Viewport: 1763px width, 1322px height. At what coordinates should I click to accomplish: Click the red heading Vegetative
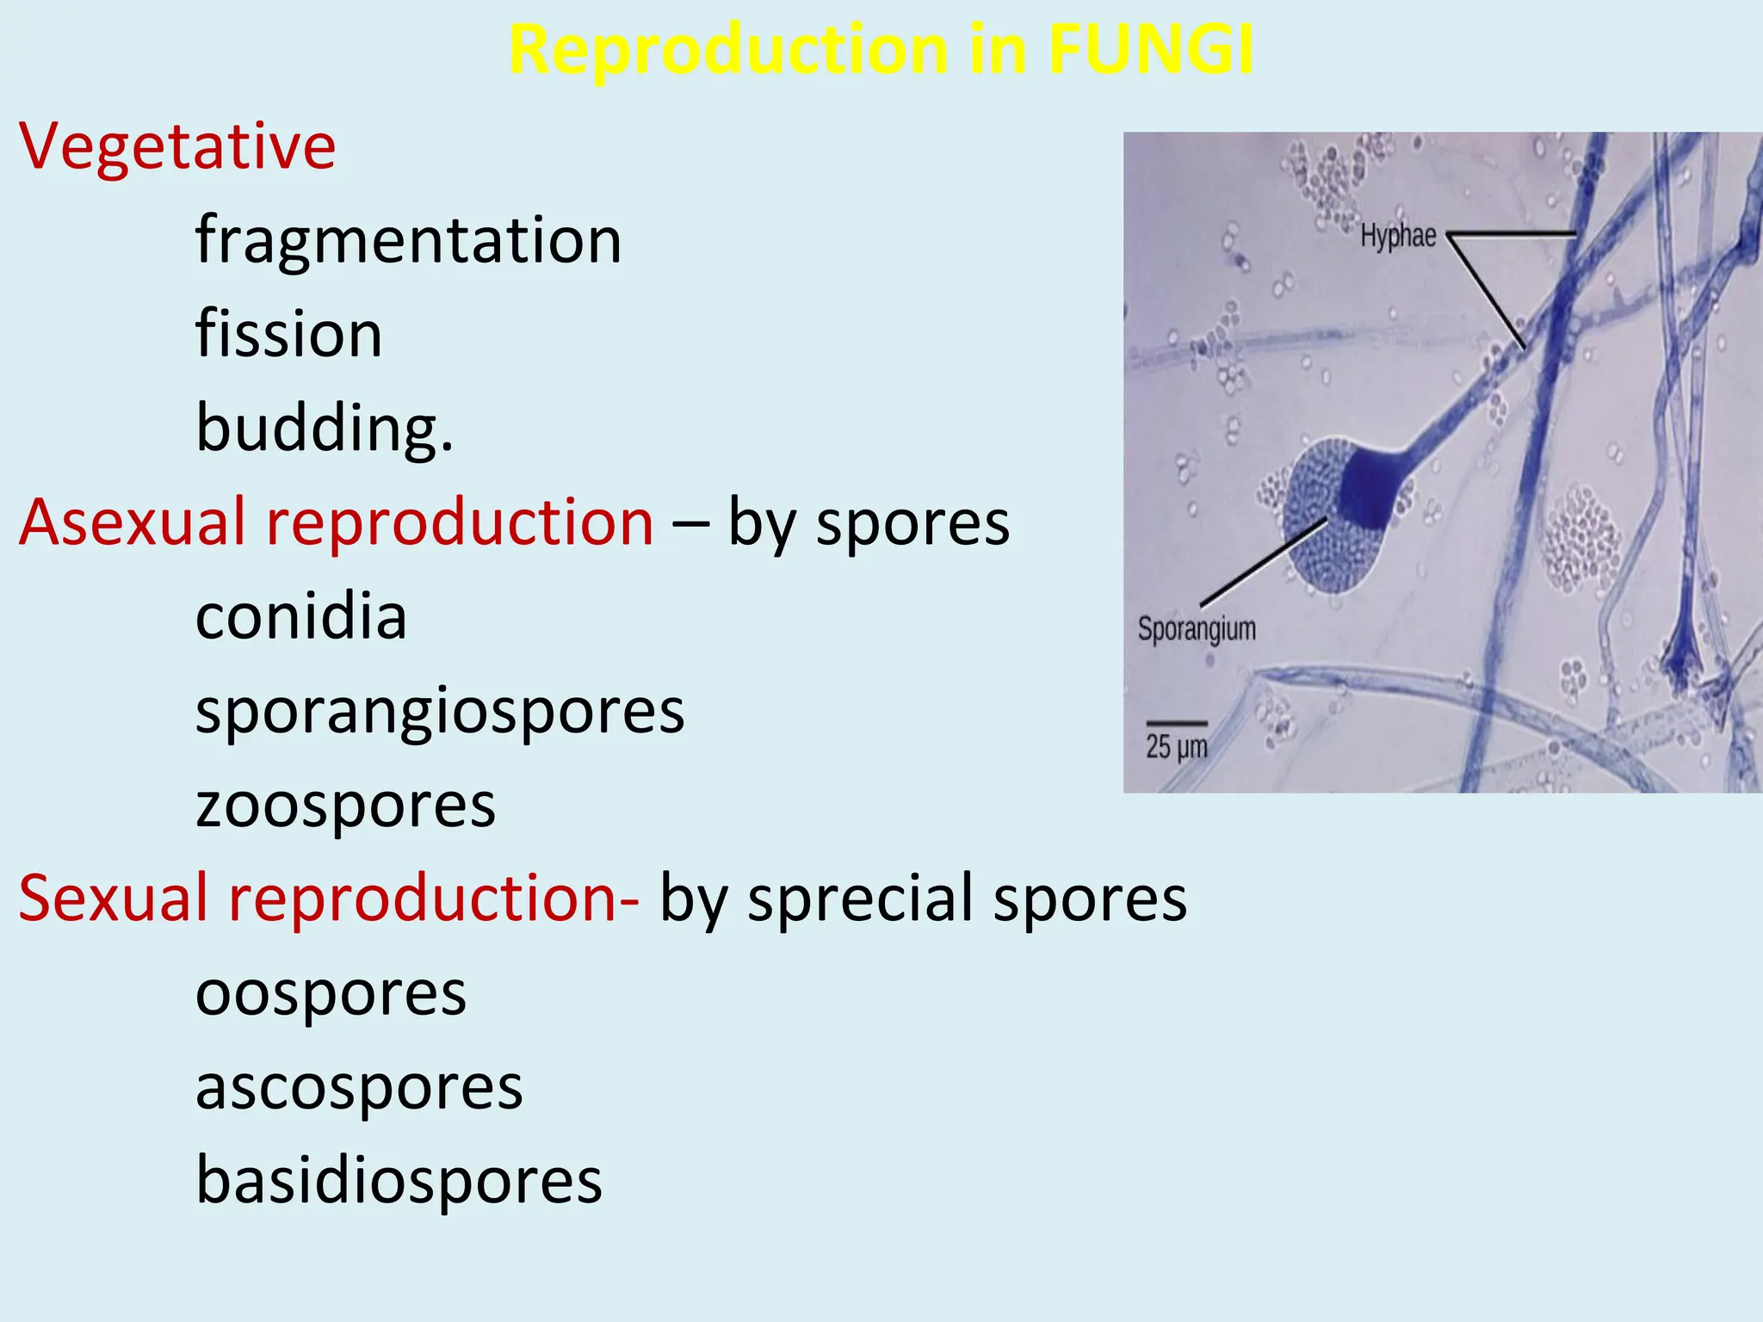pyautogui.click(x=177, y=146)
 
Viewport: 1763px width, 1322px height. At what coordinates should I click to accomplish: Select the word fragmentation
pyautogui.click(x=408, y=240)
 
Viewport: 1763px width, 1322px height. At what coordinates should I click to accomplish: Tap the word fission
pyautogui.click(x=288, y=334)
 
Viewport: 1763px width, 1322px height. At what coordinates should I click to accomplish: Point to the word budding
pyautogui.click(x=323, y=428)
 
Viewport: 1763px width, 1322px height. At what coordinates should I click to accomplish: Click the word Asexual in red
pyautogui.click(x=132, y=522)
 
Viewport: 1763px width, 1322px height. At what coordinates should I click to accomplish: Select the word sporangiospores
pyautogui.click(x=439, y=712)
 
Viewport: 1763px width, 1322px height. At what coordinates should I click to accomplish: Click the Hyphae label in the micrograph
pyautogui.click(x=1397, y=235)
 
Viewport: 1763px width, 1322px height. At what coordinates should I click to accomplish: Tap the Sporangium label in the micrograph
pyautogui.click(x=1196, y=629)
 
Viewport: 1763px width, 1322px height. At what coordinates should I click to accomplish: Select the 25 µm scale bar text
pyautogui.click(x=1176, y=746)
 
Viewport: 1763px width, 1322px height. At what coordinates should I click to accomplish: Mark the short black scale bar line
pyautogui.click(x=1176, y=723)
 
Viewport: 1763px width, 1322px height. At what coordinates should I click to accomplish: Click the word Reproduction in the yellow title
pyautogui.click(x=728, y=49)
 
